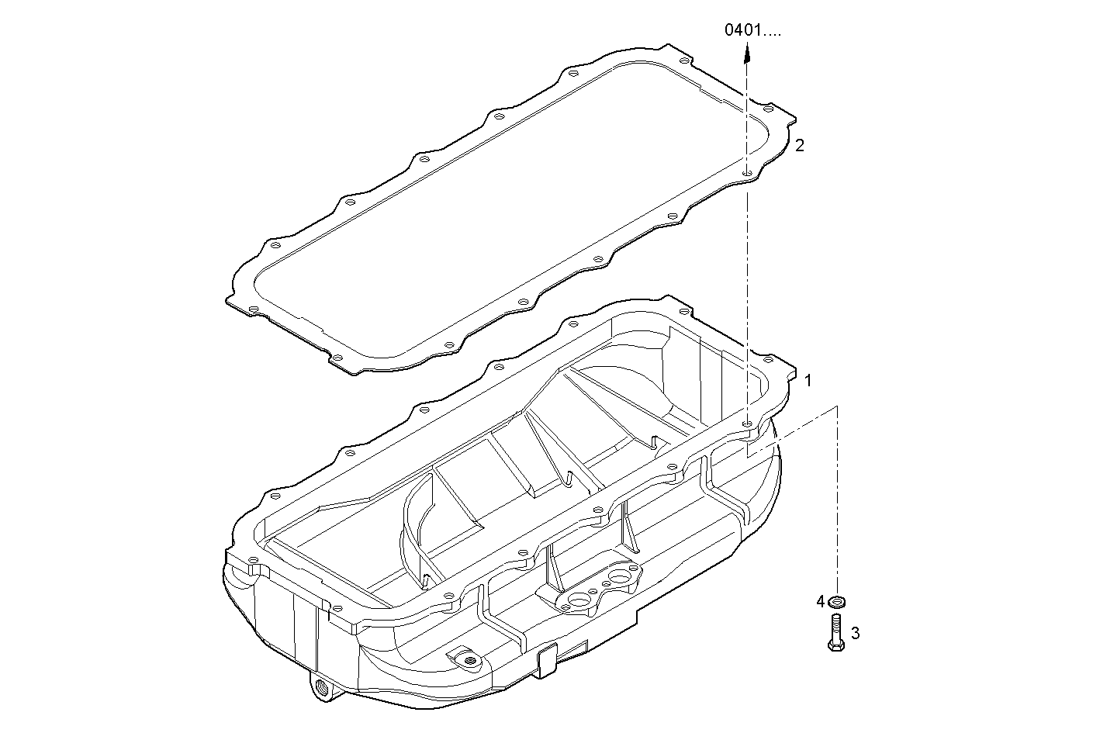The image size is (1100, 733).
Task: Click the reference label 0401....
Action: (743, 30)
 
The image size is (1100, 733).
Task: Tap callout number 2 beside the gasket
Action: (800, 145)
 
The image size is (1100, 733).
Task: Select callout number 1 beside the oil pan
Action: (808, 380)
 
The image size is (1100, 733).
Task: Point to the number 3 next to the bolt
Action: (855, 633)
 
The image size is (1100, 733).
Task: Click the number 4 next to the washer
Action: (820, 601)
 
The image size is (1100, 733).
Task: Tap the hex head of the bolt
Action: (836, 645)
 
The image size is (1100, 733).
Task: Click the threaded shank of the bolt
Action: (836, 627)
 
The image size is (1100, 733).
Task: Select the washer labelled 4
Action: (836, 601)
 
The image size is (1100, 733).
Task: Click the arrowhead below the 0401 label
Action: (747, 53)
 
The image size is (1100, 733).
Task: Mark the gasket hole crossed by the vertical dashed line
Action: (747, 173)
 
